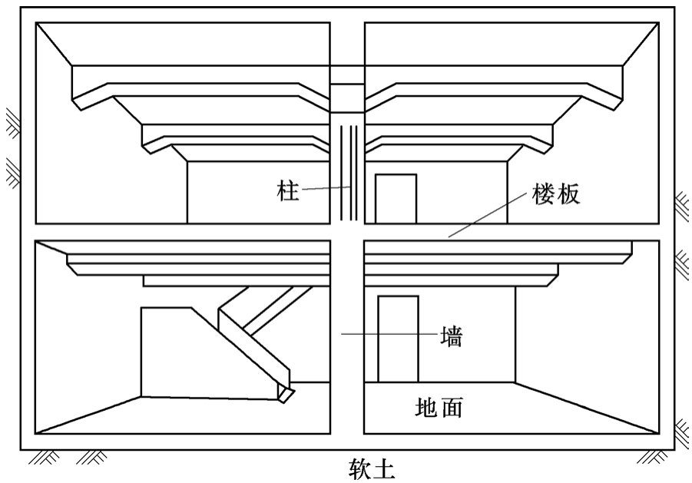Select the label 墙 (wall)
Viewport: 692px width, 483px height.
(x=452, y=336)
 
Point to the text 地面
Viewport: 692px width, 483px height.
(x=438, y=406)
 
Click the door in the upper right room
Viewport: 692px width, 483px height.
(x=396, y=199)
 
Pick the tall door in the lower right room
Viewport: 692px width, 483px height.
(x=398, y=339)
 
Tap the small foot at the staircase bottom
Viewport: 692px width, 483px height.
(x=286, y=395)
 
